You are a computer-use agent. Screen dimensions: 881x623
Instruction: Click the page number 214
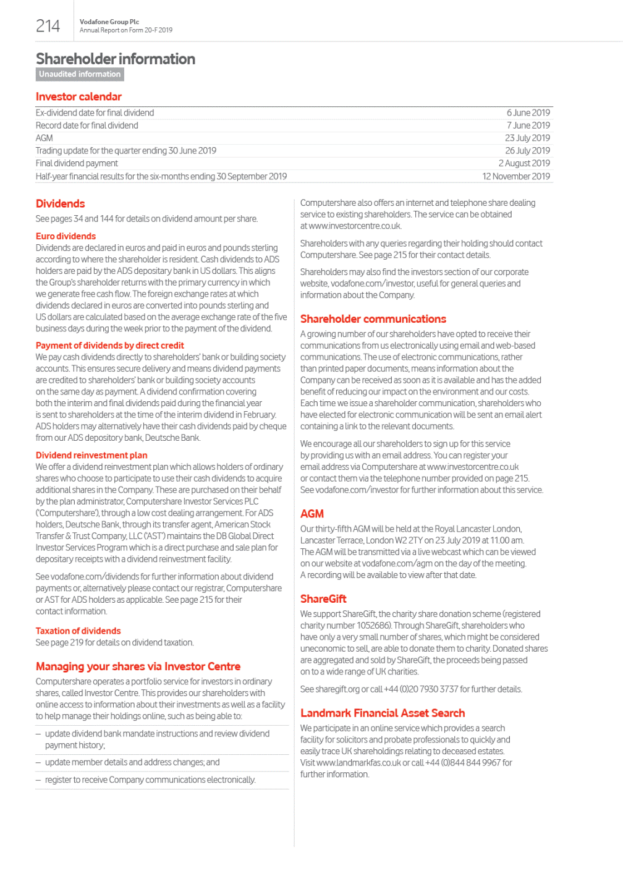coord(48,26)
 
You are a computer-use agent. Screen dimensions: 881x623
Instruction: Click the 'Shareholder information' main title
coord(116,59)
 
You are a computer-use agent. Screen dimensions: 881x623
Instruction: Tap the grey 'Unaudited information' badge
coord(80,74)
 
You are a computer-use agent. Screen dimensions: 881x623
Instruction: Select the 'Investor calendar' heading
coord(78,96)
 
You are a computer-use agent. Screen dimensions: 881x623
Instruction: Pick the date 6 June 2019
coord(528,113)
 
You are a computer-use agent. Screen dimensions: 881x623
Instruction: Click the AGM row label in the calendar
coord(44,138)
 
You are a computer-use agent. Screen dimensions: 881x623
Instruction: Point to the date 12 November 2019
coord(516,176)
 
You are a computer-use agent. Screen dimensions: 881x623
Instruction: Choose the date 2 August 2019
coord(524,163)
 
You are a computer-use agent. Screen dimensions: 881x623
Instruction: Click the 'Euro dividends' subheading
coord(66,236)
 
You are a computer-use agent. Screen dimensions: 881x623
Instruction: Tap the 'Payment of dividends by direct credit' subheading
coord(109,346)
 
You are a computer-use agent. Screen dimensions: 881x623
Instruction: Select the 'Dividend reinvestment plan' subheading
coord(91,455)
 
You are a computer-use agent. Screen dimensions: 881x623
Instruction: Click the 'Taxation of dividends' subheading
coord(78,631)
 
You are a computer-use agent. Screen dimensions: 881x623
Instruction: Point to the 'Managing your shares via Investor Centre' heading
coord(138,666)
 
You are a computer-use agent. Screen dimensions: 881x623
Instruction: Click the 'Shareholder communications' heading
coord(373,319)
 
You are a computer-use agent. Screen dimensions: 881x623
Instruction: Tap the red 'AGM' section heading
coord(311,514)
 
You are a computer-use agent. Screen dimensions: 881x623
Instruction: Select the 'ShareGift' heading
coord(323,599)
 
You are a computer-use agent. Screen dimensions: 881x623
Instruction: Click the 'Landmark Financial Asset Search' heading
coord(382,713)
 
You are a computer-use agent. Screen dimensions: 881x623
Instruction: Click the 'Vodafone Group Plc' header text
coord(109,22)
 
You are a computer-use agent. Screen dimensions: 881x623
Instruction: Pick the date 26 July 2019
coord(527,150)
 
